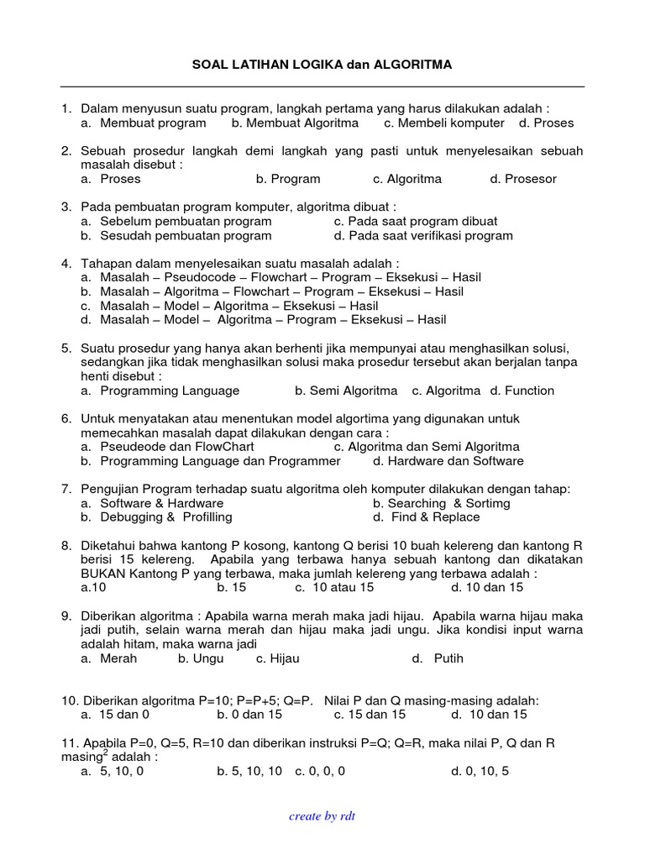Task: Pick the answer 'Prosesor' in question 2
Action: [x=531, y=179]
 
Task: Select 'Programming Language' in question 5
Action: [x=170, y=391]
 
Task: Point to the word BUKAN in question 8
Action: [x=102, y=574]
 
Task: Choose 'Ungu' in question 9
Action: [x=208, y=658]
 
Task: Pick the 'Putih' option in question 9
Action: [x=448, y=658]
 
